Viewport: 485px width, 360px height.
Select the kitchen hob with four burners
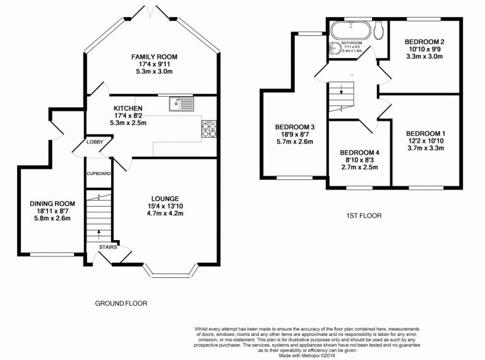(209, 129)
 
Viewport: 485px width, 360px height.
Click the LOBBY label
(95, 143)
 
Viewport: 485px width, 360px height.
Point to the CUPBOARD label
(99, 173)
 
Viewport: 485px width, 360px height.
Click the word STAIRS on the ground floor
(108, 247)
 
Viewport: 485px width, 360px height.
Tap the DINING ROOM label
(52, 203)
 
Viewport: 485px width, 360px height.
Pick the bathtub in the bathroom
(347, 29)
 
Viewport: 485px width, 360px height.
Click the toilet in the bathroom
(378, 30)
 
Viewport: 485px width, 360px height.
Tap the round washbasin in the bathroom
(334, 49)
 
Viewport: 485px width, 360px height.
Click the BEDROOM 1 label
(426, 133)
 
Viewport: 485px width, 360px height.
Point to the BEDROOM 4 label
(359, 153)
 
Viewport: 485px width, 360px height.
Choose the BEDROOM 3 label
(294, 127)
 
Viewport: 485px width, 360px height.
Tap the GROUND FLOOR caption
(121, 303)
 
